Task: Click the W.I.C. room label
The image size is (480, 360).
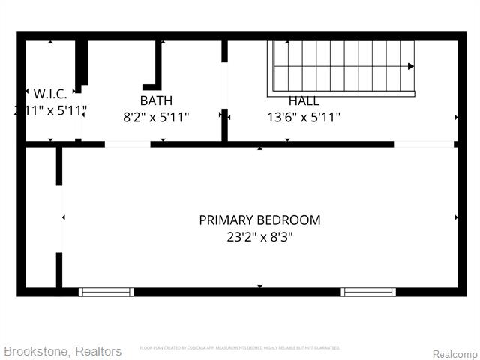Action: coord(50,94)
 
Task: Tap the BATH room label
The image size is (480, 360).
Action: coord(156,100)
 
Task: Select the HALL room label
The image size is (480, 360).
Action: coord(304,100)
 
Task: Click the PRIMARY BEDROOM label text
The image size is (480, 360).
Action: coord(259,220)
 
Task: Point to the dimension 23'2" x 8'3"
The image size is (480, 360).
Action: coord(259,235)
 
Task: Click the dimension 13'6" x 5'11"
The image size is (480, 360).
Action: coord(304,117)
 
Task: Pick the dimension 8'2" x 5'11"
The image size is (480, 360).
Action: coord(156,117)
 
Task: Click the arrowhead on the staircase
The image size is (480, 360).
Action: coord(410,66)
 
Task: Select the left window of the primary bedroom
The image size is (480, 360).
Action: coord(106,292)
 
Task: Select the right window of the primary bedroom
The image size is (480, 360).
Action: coord(368,292)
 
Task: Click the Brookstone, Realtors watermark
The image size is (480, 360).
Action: coord(62,351)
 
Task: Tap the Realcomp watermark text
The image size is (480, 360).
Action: coord(454,353)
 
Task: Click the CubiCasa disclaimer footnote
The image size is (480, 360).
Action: coord(240,348)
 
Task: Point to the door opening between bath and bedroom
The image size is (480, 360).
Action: coord(127,144)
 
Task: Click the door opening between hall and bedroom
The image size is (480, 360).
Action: coord(424,144)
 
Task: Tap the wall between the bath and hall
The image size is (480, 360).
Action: coord(224,90)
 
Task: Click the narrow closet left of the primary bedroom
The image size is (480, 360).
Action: coord(42,217)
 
